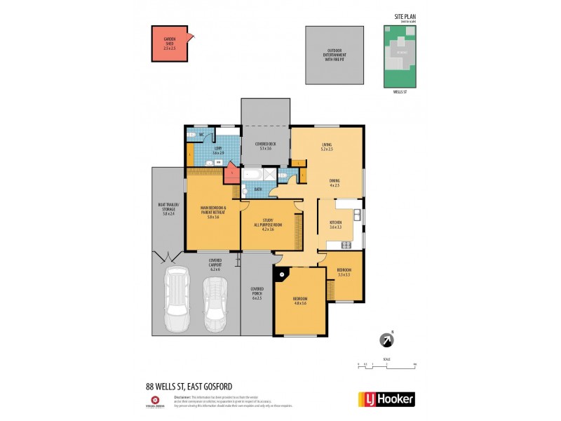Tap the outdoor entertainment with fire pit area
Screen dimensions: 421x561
pos(335,55)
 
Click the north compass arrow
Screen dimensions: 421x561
pos(385,340)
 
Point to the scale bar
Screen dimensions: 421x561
pos(386,366)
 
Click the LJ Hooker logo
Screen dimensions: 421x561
pos(386,399)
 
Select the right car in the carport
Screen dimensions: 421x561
pos(215,306)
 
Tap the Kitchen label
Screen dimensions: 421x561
pos(335,225)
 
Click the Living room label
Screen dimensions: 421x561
pos(327,147)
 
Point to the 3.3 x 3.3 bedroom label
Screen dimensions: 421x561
pos(344,272)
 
